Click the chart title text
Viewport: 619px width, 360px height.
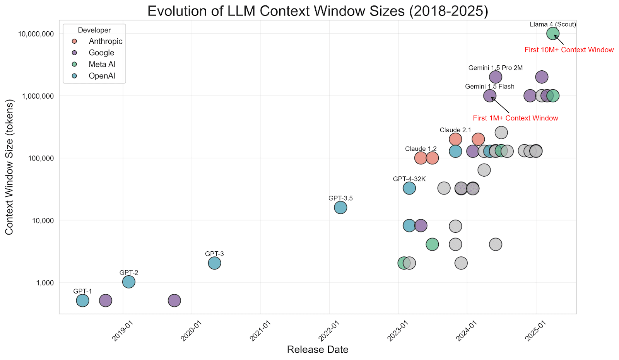tap(318, 11)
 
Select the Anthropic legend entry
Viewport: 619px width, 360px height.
tap(105, 41)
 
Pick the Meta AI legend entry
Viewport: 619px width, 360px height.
tap(102, 65)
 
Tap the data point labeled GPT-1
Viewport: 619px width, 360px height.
tap(82, 300)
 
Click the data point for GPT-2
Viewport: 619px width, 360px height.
tap(129, 282)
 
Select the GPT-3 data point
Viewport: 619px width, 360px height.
tap(214, 263)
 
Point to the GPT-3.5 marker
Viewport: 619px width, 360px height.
tap(340, 208)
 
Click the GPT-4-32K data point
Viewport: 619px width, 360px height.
tap(409, 188)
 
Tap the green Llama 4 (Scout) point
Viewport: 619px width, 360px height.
tap(553, 34)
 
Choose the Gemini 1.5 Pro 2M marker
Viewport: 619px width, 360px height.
tap(496, 77)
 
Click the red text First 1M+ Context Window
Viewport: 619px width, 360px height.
tap(515, 118)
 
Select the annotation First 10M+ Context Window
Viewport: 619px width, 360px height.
tap(569, 50)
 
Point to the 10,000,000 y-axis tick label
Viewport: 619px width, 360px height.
tap(36, 34)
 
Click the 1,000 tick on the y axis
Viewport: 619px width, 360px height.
tap(45, 283)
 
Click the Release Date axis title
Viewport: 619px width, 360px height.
tap(318, 350)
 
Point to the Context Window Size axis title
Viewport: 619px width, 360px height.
tap(9, 167)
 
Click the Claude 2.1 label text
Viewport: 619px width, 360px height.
tap(455, 130)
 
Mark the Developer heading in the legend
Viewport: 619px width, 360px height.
tap(94, 30)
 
